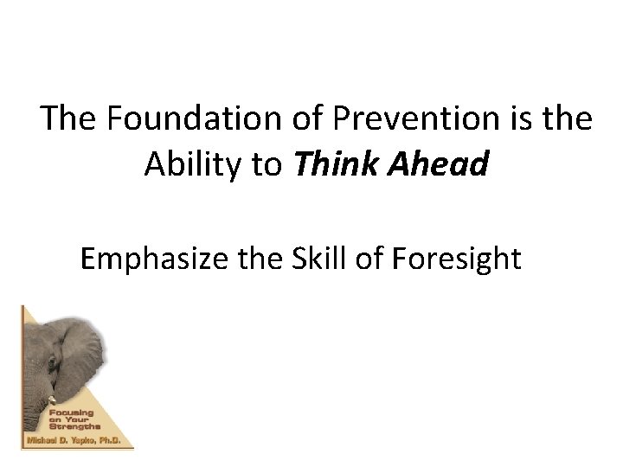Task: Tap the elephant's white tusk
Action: click(x=53, y=400)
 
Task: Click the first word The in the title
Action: click(x=71, y=118)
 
